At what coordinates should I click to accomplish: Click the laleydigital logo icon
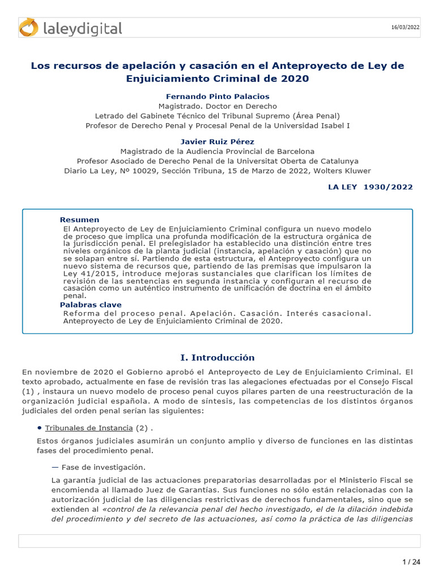[x=28, y=28]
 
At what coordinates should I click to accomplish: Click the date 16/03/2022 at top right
[x=406, y=27]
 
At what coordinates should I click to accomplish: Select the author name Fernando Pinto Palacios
[x=217, y=97]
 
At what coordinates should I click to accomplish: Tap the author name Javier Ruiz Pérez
[x=217, y=141]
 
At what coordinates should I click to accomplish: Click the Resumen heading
[x=79, y=219]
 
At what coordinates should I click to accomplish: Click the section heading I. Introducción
[x=217, y=357]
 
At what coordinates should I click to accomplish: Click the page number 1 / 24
[x=411, y=561]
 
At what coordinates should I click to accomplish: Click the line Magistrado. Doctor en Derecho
[x=217, y=106]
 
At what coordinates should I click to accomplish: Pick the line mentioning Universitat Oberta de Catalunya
[x=217, y=161]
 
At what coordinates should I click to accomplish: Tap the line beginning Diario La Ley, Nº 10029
[x=217, y=170]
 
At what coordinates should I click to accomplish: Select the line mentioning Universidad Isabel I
[x=217, y=125]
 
